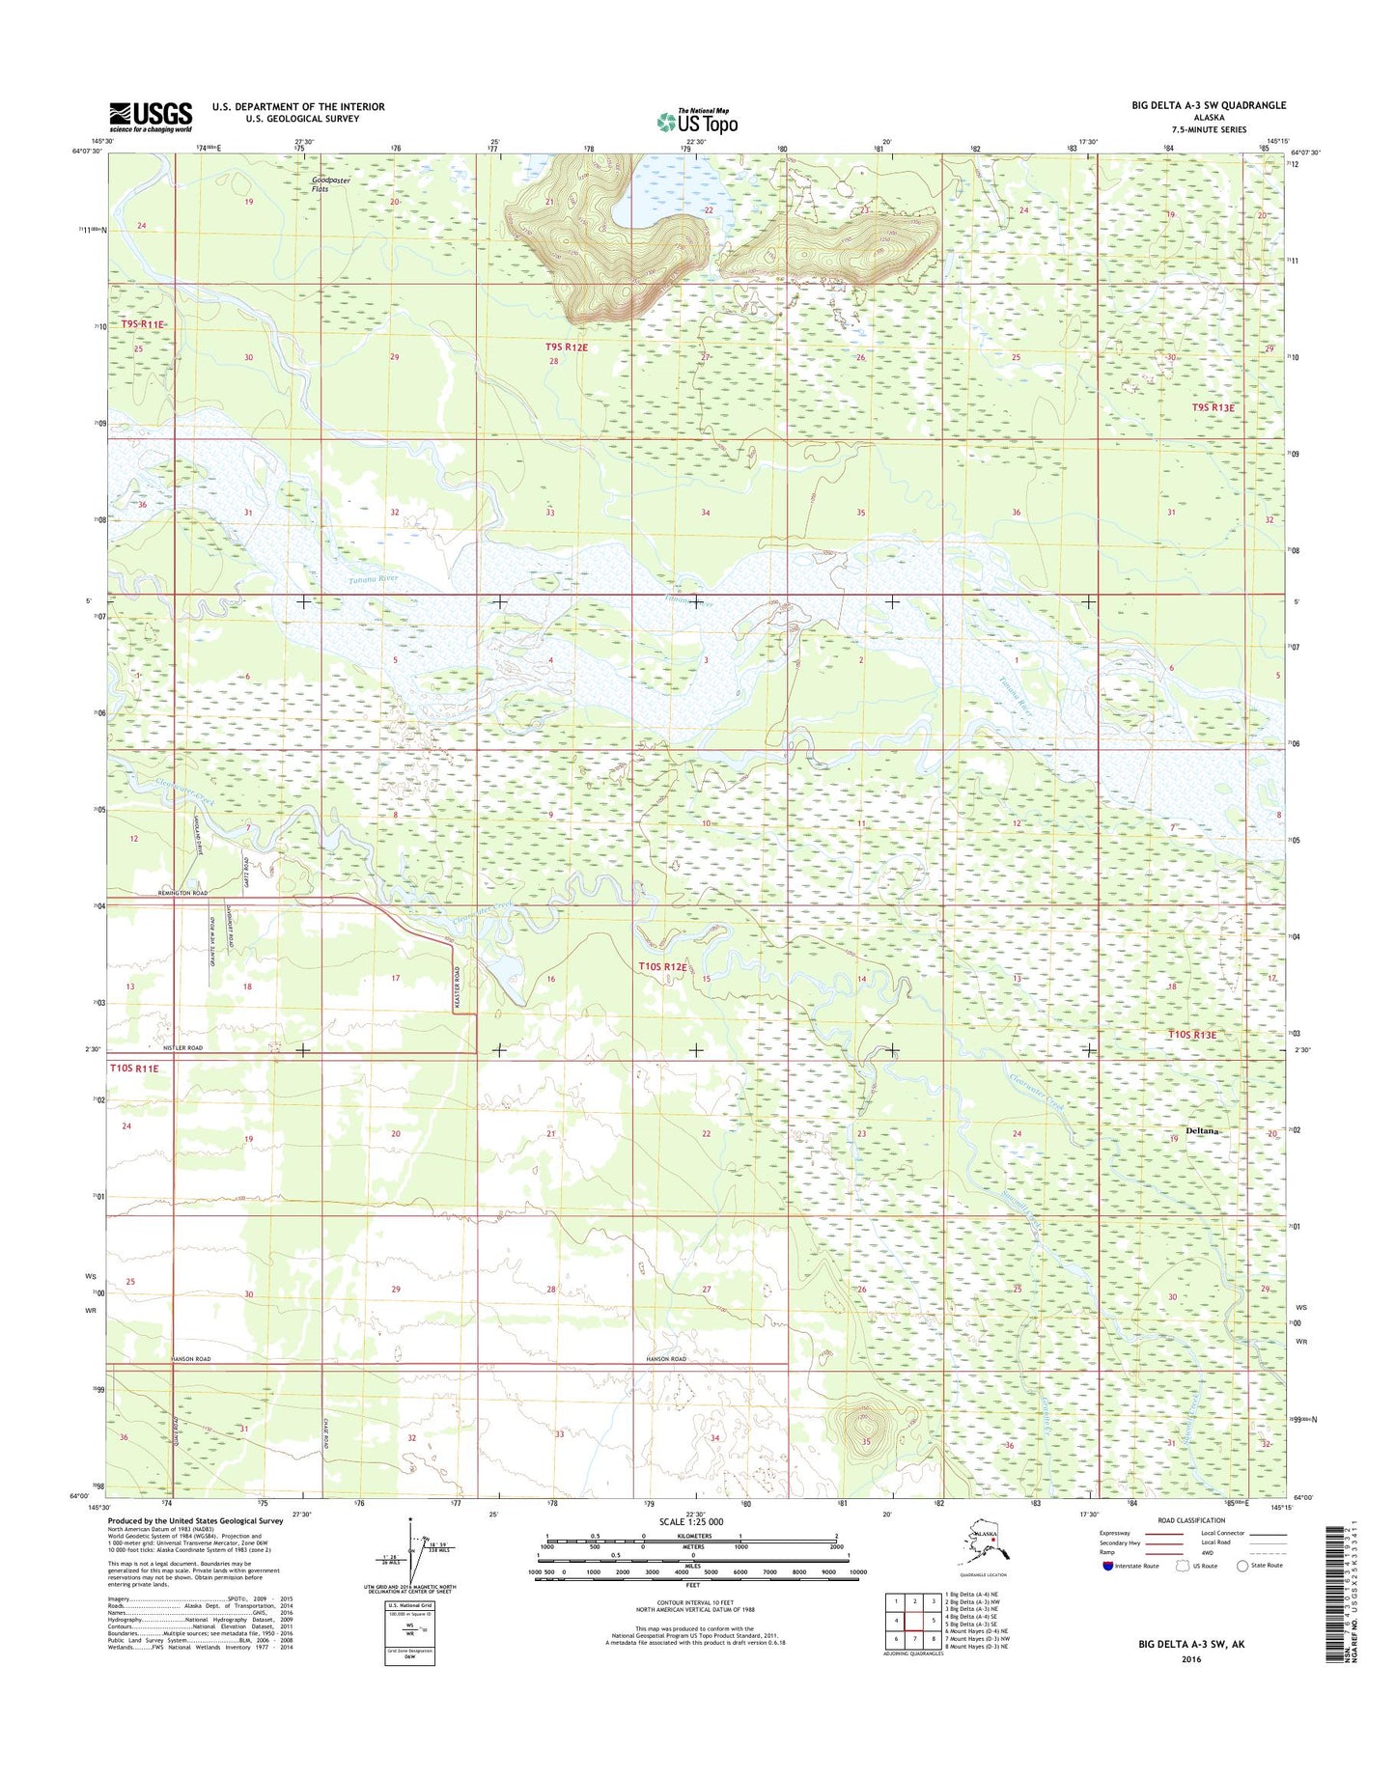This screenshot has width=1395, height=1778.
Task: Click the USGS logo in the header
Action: point(151,116)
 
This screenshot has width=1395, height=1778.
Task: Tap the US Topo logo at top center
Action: point(697,122)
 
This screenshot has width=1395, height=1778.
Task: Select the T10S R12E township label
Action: point(662,966)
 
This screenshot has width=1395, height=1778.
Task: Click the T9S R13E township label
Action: point(1213,407)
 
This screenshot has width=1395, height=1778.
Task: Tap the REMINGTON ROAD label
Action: point(182,894)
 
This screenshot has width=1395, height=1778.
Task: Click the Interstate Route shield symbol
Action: point(1108,1566)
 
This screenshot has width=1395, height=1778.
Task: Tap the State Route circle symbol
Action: point(1242,1566)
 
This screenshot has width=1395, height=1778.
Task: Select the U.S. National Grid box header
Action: point(408,1604)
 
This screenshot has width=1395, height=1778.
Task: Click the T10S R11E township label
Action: point(133,1068)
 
